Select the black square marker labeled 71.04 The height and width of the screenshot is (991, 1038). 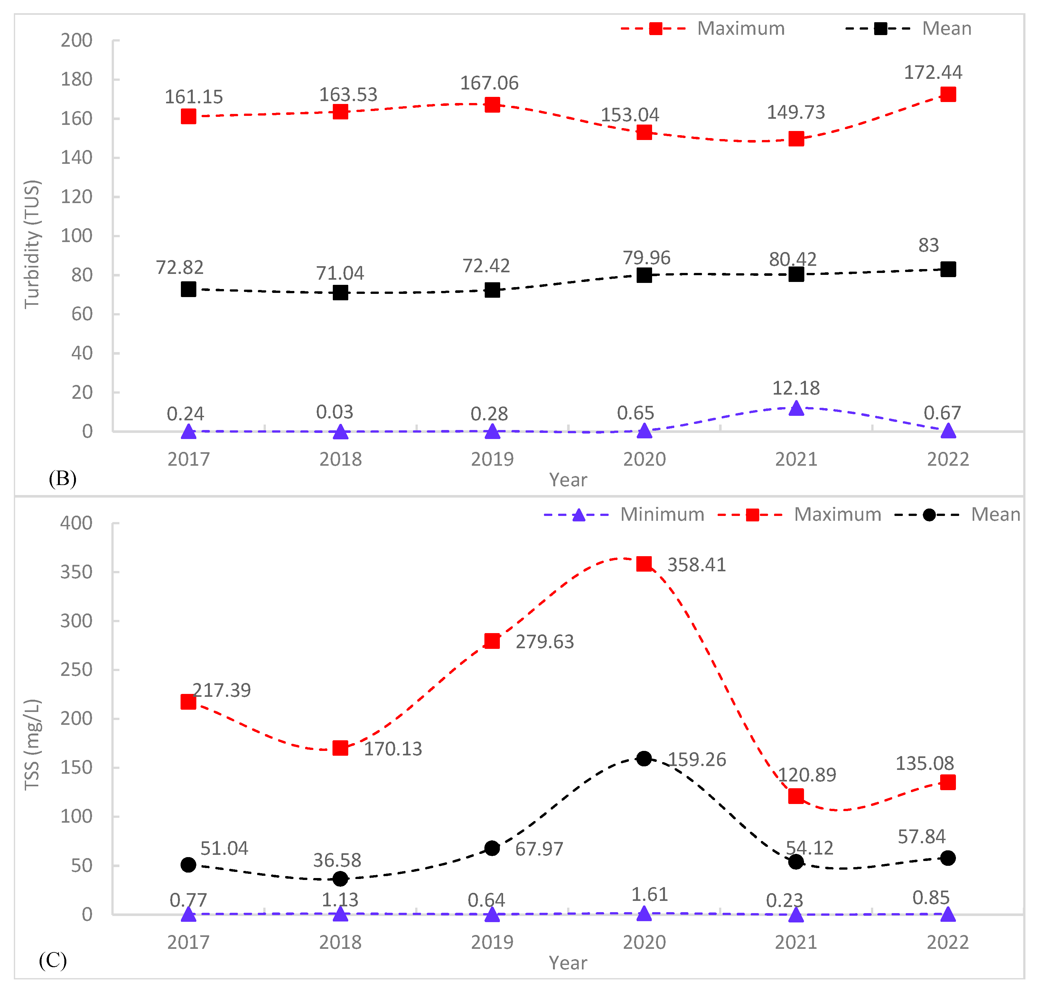(340, 292)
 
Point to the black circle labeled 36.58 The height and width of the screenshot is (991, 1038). (340, 879)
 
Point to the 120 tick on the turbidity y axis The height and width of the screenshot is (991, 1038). (77, 197)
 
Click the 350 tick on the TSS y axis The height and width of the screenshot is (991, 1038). (77, 572)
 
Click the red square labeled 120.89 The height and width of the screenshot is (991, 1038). (796, 796)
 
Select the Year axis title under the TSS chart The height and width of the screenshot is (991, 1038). (567, 963)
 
